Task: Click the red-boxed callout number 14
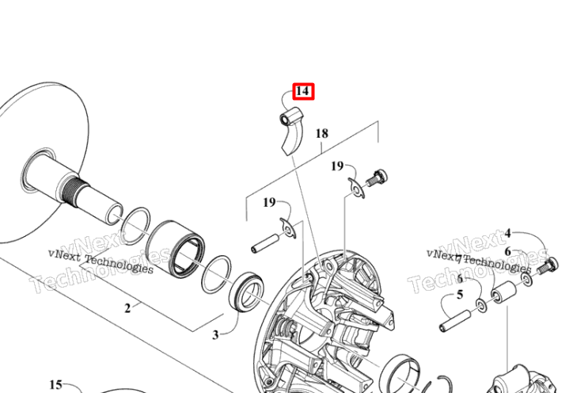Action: [303, 92]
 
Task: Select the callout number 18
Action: [321, 133]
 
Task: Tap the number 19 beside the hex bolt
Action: [337, 166]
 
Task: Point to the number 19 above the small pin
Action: [270, 204]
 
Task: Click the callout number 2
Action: [127, 308]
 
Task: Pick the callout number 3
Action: [214, 334]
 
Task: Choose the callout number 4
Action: [507, 234]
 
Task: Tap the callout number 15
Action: [55, 384]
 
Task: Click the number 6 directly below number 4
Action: [507, 251]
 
